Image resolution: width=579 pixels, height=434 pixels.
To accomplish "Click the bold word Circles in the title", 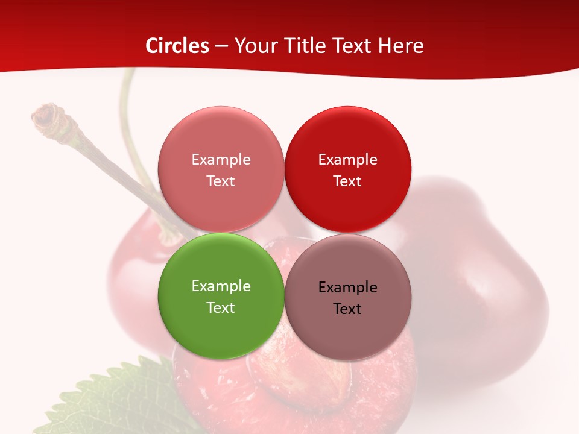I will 177,46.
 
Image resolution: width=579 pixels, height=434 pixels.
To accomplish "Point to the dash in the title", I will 221,46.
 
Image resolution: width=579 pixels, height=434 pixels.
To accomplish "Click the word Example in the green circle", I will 221,286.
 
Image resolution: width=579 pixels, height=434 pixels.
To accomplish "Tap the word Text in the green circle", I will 221,307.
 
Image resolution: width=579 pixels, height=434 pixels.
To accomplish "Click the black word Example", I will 348,287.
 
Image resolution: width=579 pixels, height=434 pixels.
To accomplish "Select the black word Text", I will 347,309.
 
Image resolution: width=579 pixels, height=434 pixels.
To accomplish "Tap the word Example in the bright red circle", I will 348,159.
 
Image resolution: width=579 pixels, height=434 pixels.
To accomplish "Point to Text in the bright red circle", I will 347,181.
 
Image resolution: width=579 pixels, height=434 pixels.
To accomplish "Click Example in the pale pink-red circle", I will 221,159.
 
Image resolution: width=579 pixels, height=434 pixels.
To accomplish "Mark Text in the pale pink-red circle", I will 221,181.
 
